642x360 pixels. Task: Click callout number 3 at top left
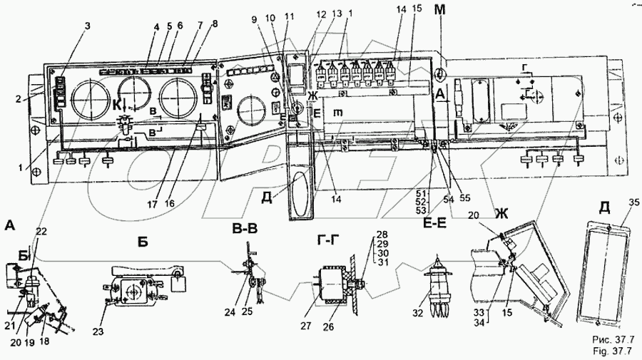[88, 26]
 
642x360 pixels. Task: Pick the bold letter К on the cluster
[114, 104]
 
